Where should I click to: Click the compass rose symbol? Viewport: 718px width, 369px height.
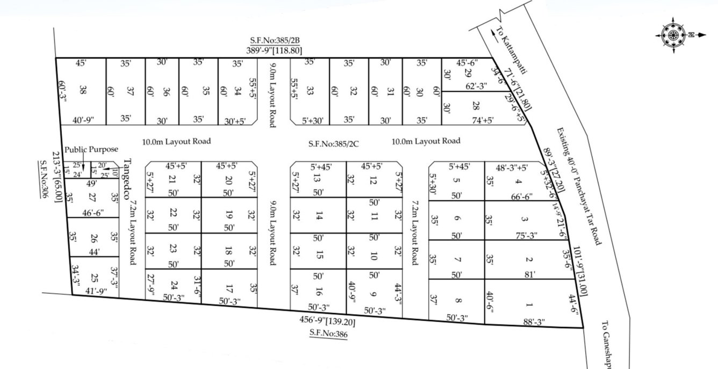[x=673, y=35]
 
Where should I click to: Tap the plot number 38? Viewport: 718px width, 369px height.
[x=83, y=90]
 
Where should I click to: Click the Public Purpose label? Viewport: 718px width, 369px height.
[x=91, y=149]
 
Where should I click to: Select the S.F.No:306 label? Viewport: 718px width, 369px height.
[x=44, y=180]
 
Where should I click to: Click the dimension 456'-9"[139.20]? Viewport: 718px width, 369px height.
[x=327, y=322]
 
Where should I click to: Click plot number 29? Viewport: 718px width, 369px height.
[x=468, y=73]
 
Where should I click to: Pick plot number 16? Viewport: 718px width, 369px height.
[x=319, y=293]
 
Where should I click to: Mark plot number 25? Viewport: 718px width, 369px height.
[x=95, y=278]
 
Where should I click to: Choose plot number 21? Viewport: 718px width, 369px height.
[x=173, y=179]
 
